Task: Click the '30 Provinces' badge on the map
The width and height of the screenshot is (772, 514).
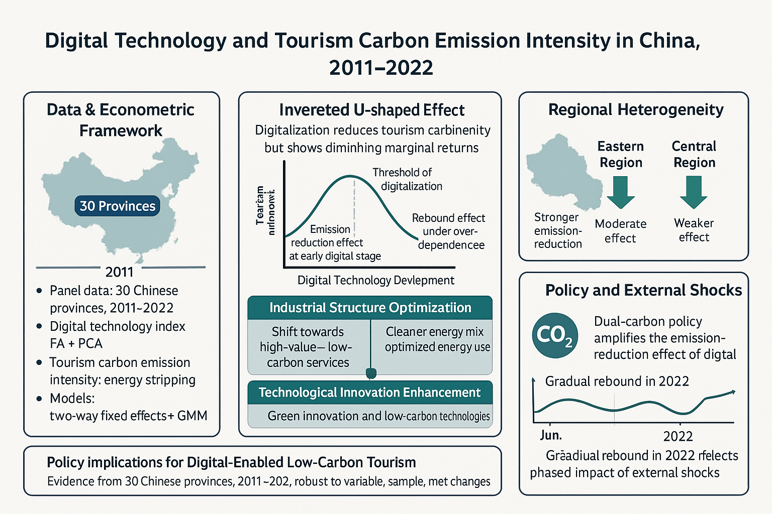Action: pos(117,206)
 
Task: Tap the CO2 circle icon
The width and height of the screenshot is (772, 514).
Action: pos(554,336)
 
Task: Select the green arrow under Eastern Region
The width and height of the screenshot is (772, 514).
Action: pos(621,193)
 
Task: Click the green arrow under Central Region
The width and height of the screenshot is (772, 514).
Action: pos(694,193)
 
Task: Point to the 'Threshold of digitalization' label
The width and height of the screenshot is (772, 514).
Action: pos(407,179)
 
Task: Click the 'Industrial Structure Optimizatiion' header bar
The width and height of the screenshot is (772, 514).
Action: pos(370,308)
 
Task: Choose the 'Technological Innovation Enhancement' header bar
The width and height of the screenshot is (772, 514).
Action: pos(370,393)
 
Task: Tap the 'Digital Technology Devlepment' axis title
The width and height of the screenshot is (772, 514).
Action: pos(375,280)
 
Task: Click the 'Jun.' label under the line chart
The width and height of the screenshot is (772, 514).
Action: pos(551,435)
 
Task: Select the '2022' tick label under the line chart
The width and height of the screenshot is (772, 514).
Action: pos(678,436)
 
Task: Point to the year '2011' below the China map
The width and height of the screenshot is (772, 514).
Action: pos(119,272)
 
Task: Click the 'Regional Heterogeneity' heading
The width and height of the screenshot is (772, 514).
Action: pos(636,109)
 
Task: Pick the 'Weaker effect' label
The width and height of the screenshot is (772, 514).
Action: pos(694,230)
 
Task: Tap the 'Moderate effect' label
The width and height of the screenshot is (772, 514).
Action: pos(620,231)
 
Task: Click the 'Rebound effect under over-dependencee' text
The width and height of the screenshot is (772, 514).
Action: pos(449,231)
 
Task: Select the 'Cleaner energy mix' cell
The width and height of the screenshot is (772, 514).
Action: pos(434,332)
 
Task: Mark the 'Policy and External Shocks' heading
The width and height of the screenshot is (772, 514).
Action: pos(643,290)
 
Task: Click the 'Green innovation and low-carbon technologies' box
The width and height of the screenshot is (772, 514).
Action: pos(378,416)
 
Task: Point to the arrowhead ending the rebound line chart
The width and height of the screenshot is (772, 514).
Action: pos(734,392)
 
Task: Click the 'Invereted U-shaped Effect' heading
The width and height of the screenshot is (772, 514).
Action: pos(371,110)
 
